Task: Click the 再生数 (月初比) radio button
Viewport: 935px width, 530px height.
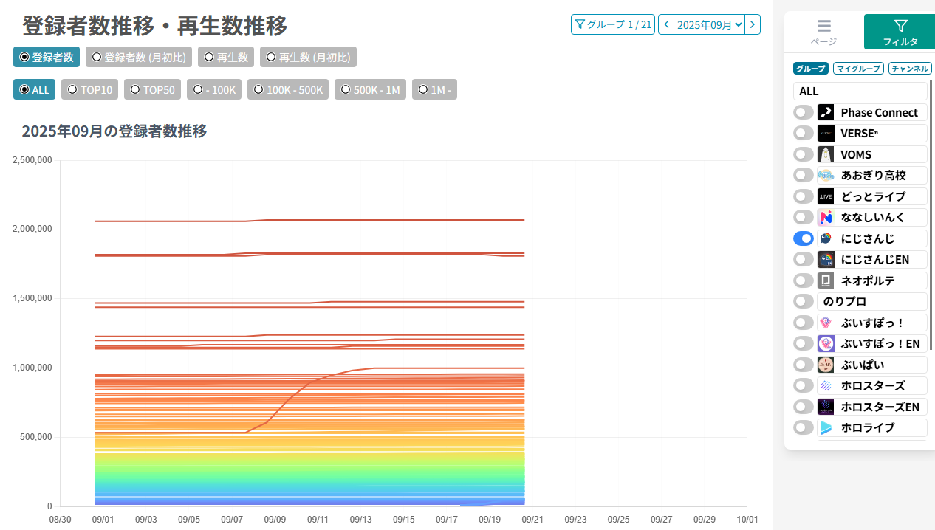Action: (308, 57)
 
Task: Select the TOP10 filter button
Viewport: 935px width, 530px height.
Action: (90, 89)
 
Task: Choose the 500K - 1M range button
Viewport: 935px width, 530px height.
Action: (370, 89)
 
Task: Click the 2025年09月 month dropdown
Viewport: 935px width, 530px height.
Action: (709, 24)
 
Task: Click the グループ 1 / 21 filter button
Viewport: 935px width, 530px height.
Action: (613, 24)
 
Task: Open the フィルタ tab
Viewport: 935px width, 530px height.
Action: (900, 32)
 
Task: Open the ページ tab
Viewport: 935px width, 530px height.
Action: (823, 32)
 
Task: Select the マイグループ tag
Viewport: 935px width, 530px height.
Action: (858, 69)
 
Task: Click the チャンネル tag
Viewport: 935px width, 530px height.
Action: (909, 69)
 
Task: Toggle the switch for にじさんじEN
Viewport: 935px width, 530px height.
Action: (804, 259)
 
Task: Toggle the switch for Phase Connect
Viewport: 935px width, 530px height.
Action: (804, 112)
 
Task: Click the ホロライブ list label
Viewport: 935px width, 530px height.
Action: (867, 427)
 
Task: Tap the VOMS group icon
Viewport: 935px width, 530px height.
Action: (826, 154)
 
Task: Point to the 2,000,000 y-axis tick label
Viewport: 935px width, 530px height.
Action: (32, 230)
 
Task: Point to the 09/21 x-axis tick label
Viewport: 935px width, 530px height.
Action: (532, 520)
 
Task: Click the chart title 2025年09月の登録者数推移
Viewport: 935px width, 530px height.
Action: (114, 131)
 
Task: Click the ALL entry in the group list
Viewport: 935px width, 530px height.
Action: (860, 91)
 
